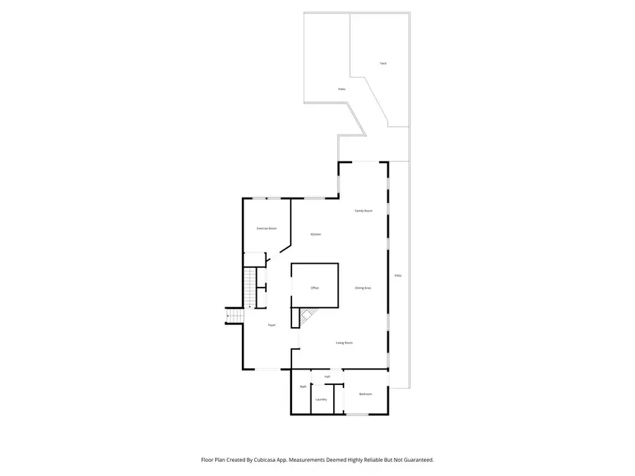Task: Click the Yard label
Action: [x=383, y=63]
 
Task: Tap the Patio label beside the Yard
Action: [x=341, y=90]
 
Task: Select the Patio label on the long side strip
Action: [x=398, y=275]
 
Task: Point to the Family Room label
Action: [x=363, y=211]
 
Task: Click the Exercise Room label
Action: [x=266, y=228]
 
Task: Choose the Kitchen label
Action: [x=316, y=234]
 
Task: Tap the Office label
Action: [x=315, y=288]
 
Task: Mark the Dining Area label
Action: [x=363, y=288]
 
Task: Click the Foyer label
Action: [x=271, y=325]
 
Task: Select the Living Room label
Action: [x=344, y=343]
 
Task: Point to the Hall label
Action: [x=327, y=377]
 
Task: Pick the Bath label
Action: [x=303, y=386]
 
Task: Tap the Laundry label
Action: [x=321, y=399]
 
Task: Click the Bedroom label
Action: [x=365, y=394]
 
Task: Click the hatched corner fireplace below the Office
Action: [x=308, y=318]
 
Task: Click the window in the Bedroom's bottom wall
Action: [x=358, y=415]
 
